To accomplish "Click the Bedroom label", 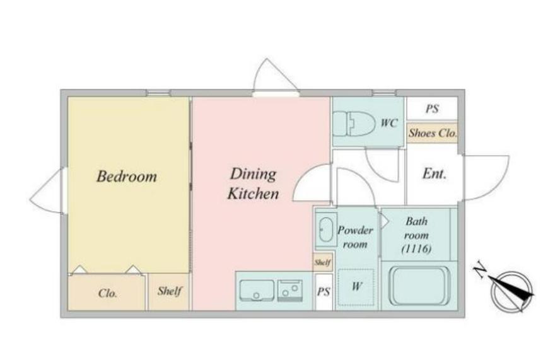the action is (x=127, y=176).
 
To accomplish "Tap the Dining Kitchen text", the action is (x=253, y=184).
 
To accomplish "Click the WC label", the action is (x=389, y=123).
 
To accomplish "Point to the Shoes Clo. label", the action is (x=432, y=133).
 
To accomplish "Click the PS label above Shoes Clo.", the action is (x=432, y=109).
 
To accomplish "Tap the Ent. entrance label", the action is (x=435, y=173).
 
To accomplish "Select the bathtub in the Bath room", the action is (x=419, y=285).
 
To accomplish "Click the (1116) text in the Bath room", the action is (x=416, y=249).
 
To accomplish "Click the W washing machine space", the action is (x=356, y=287).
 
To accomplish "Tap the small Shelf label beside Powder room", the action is (x=322, y=262).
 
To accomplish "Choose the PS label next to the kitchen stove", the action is (x=324, y=292).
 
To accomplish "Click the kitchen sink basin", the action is (x=257, y=290).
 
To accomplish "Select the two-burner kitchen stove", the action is (x=290, y=290).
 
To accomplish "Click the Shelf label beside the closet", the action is (x=170, y=291).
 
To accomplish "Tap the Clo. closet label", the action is (x=108, y=294).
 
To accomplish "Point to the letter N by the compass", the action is (x=480, y=270).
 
